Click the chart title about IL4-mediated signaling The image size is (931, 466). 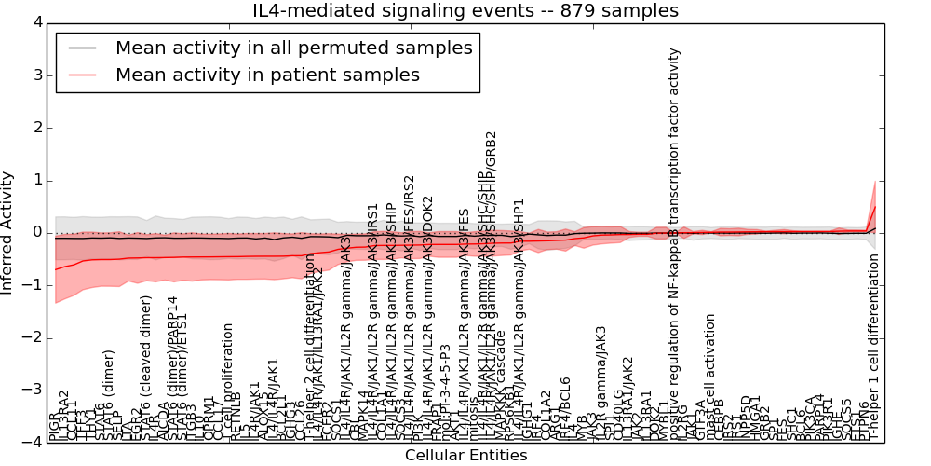[x=465, y=10]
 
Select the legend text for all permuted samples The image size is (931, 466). [x=293, y=48]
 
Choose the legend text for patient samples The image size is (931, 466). [x=267, y=75]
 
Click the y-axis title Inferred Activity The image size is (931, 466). [x=8, y=232]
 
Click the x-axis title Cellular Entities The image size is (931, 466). [x=465, y=456]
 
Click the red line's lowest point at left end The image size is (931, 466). [x=57, y=269]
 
